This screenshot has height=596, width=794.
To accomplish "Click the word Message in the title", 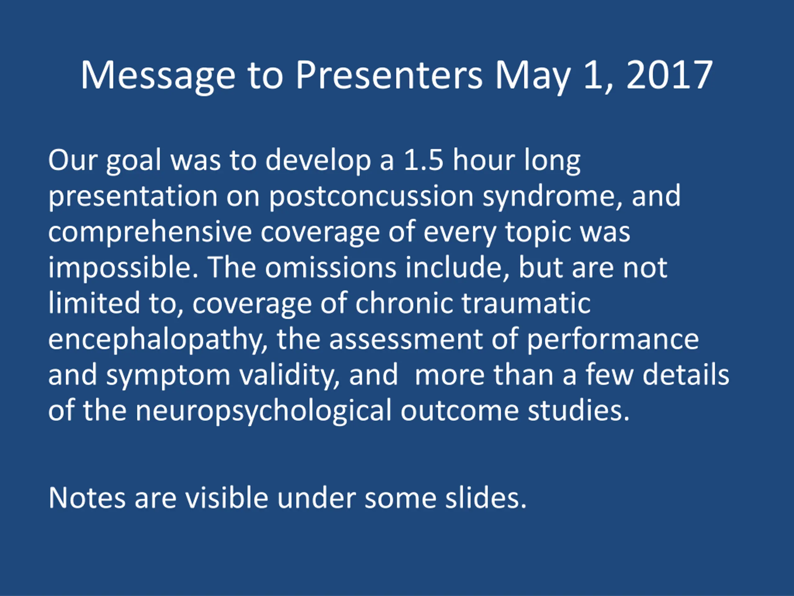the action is (x=158, y=76).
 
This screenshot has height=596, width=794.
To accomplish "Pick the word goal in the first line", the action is (x=134, y=161).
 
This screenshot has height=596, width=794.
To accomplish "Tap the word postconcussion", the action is (x=371, y=197).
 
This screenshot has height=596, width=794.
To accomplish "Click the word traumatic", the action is (x=526, y=304).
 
